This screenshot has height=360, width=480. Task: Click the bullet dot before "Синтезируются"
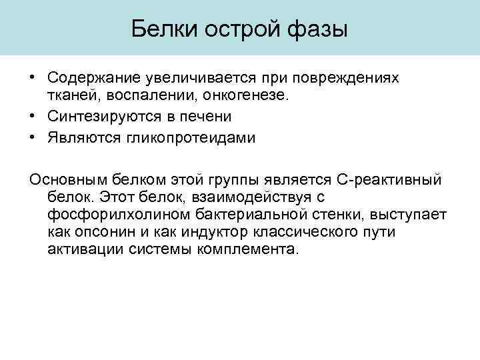pyautogui.click(x=33, y=116)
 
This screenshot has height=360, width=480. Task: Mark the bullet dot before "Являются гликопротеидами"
pyautogui.click(x=33, y=136)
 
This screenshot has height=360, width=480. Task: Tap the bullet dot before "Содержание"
pyautogui.click(x=33, y=77)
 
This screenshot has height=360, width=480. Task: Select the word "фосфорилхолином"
pyautogui.click(x=117, y=215)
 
